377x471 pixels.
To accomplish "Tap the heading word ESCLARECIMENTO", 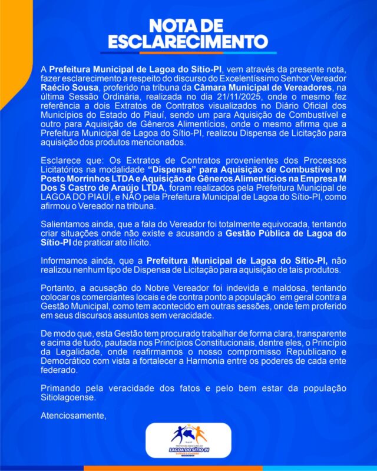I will pyautogui.click(x=188, y=42).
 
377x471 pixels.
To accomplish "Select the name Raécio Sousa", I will pyautogui.click(x=65, y=88).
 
